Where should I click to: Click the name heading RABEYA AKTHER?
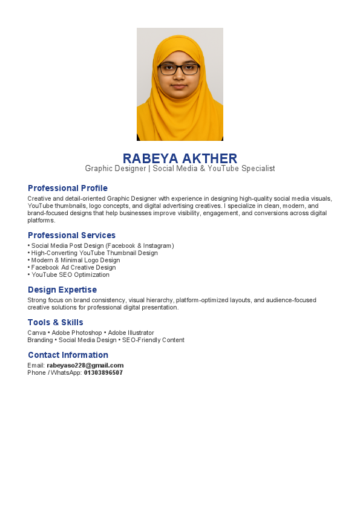click(180, 158)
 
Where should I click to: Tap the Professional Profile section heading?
click(68, 188)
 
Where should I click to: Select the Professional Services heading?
click(71, 235)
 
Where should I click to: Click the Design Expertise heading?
click(62, 290)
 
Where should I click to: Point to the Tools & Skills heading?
click(56, 322)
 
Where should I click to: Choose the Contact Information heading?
click(68, 355)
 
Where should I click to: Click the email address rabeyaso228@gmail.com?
click(85, 365)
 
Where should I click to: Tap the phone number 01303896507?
click(103, 372)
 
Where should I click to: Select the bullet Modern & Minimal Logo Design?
click(76, 260)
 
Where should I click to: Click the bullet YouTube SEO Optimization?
click(71, 274)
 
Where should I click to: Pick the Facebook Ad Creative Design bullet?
click(73, 267)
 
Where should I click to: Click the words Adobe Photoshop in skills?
click(85, 332)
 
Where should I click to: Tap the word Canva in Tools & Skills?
click(36, 332)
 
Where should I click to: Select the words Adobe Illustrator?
click(131, 332)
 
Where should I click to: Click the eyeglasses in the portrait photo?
click(179, 69)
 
